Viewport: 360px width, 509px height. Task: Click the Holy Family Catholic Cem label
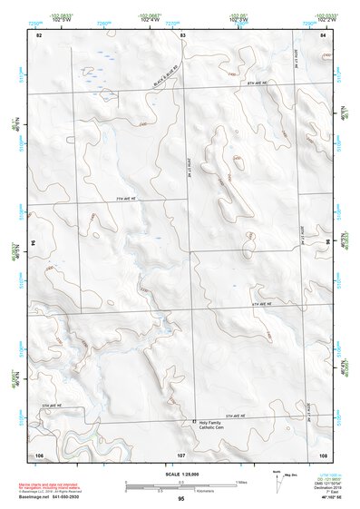(215, 426)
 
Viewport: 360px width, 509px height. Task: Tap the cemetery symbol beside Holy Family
(193, 423)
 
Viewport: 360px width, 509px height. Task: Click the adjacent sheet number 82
(39, 34)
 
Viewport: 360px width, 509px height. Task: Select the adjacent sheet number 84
(324, 34)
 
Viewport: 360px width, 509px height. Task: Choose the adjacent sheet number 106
(39, 453)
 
